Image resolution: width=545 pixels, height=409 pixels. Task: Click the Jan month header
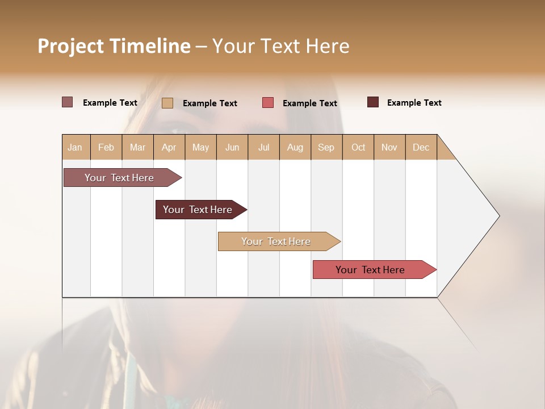tap(75, 147)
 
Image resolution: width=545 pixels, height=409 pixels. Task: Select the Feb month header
tap(106, 147)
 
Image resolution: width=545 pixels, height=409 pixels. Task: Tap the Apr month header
tap(169, 147)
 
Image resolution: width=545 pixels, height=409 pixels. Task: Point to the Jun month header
tap(232, 147)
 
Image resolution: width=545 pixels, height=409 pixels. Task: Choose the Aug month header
tap(295, 147)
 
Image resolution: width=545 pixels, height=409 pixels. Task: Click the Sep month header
tap(326, 147)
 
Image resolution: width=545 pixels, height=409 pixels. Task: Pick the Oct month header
tap(358, 147)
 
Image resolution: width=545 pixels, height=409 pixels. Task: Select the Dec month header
tap(421, 147)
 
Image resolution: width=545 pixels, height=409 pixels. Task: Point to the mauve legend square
tap(67, 102)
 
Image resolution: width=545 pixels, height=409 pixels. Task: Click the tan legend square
tap(167, 103)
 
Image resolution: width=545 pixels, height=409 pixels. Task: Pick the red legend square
tap(268, 103)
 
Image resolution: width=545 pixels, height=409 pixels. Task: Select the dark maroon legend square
tap(373, 102)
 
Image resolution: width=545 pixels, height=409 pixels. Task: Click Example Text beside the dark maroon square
tap(414, 103)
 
